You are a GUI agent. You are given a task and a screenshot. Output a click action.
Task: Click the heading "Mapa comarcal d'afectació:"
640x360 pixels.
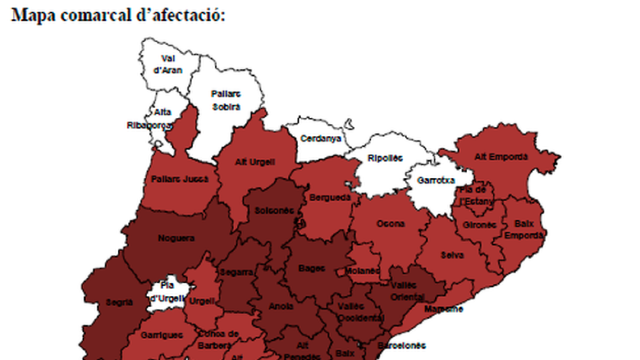(x=118, y=14)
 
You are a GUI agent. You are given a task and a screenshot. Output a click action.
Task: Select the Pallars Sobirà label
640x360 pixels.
(x=226, y=100)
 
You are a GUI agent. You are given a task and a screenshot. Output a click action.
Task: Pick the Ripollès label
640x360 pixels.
(x=385, y=158)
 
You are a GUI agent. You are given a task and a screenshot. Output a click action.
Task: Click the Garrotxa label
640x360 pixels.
(x=436, y=180)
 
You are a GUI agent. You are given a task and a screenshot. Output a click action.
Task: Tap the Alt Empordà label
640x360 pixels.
(x=501, y=157)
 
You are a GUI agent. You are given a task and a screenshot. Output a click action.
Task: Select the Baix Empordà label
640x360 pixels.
(x=524, y=229)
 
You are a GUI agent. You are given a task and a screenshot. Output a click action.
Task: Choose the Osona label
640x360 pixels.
(x=390, y=223)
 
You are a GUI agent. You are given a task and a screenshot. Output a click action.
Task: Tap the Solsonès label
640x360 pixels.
(x=274, y=210)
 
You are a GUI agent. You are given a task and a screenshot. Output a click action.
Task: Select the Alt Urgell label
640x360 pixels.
(x=255, y=161)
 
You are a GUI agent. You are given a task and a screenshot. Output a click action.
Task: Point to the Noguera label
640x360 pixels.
(x=176, y=238)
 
